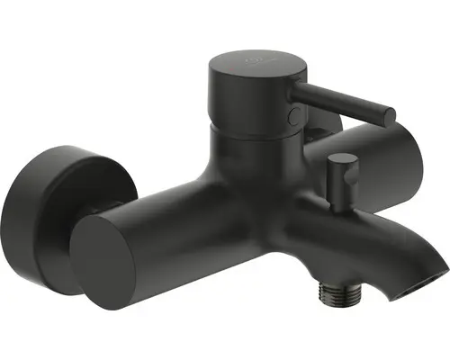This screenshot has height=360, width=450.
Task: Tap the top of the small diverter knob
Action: point(339,158)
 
